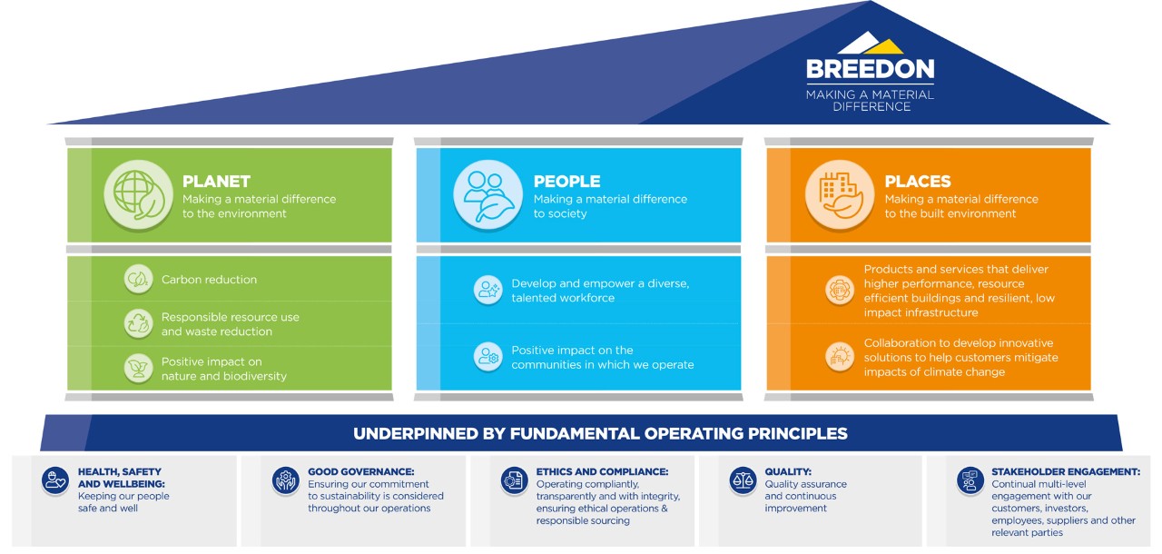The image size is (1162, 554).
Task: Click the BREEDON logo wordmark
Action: click(x=870, y=69)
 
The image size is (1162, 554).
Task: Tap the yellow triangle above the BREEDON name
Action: click(x=884, y=46)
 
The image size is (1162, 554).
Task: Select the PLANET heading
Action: click(x=216, y=181)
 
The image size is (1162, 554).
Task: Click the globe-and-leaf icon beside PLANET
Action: click(x=138, y=194)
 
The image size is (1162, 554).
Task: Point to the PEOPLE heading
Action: click(x=567, y=181)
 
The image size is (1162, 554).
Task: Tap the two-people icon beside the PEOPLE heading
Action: click(x=487, y=194)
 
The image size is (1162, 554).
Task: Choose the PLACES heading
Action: click(x=918, y=181)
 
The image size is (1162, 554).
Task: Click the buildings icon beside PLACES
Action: click(x=840, y=194)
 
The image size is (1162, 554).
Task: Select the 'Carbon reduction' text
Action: click(x=209, y=280)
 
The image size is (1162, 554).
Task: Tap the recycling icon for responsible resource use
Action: click(x=139, y=323)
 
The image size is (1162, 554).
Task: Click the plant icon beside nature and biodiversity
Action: click(x=139, y=369)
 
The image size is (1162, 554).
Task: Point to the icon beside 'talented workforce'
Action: click(x=488, y=290)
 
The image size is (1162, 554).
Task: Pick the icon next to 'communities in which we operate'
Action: click(x=488, y=357)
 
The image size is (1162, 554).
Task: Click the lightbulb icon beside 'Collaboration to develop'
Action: click(x=840, y=357)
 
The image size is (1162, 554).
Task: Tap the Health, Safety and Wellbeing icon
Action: click(x=55, y=480)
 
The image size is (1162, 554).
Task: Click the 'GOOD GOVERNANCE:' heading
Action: click(x=361, y=471)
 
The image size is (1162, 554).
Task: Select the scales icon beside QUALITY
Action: click(x=743, y=480)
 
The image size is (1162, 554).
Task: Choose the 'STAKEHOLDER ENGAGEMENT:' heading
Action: click(x=1066, y=471)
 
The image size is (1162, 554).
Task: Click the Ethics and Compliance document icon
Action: click(x=514, y=480)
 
